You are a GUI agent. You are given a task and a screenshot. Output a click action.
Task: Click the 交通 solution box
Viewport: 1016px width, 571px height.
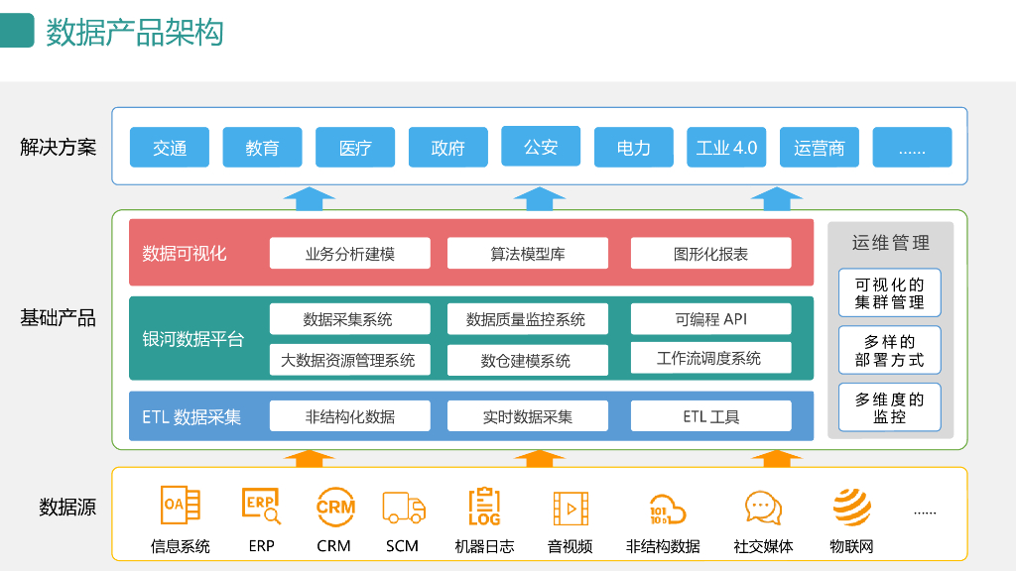[170, 148]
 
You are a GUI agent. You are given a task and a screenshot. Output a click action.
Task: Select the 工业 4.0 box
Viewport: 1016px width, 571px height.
[726, 148]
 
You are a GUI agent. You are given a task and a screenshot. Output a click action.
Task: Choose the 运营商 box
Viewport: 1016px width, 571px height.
[820, 148]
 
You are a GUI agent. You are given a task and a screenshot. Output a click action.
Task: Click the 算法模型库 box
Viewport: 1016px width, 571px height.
[527, 254]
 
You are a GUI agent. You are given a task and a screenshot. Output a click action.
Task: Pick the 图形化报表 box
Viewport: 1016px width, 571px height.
[710, 254]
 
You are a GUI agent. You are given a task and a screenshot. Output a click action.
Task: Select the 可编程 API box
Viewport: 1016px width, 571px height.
[710, 319]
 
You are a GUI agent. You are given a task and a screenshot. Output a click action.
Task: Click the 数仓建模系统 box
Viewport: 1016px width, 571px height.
[527, 360]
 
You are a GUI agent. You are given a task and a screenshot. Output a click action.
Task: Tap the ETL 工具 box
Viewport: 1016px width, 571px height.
[710, 416]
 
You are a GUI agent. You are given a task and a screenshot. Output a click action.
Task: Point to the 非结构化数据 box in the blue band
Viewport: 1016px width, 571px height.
[349, 416]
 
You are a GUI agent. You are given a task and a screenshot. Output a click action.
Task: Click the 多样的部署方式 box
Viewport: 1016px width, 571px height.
[889, 350]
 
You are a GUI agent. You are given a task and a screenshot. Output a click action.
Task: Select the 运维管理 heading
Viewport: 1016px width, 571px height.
[890, 243]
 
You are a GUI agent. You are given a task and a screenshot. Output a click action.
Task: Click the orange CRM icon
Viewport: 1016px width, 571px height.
[335, 507]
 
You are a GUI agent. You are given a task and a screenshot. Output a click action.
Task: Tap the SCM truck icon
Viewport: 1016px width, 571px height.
[403, 508]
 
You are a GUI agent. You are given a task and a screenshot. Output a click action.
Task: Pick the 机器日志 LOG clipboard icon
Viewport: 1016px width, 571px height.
[484, 507]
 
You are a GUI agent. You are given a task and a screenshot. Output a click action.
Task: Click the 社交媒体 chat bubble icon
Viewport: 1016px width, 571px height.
[763, 508]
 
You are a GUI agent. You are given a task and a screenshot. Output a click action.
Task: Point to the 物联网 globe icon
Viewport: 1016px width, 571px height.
[851, 507]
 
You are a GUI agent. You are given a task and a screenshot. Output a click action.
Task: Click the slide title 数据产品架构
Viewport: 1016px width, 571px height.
[135, 32]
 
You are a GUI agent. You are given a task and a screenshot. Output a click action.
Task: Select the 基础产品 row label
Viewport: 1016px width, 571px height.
[58, 318]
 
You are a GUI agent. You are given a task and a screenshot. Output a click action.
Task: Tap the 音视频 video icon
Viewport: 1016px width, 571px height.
[571, 508]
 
